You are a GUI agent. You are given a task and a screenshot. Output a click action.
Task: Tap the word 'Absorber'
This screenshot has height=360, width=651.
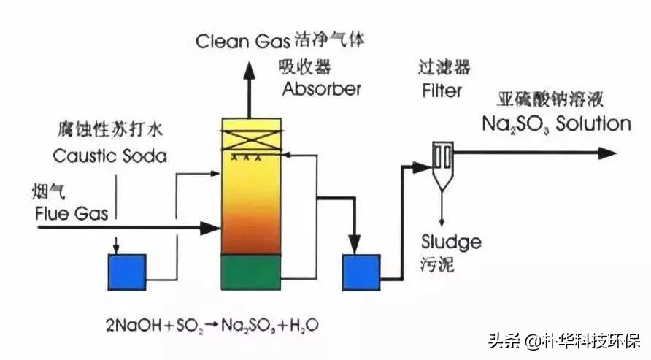coord(321,89)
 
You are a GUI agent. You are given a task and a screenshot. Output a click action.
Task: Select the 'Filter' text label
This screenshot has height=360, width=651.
coord(442,91)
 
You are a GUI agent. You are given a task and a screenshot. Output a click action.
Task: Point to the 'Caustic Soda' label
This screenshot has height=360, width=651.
coord(109,156)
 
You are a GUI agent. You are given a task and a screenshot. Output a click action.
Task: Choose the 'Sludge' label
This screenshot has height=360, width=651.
coord(450,242)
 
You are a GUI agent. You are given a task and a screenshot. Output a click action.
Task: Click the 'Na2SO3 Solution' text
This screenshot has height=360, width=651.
coord(555,123)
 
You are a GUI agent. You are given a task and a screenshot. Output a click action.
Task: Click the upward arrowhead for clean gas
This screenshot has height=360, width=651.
coord(248,69)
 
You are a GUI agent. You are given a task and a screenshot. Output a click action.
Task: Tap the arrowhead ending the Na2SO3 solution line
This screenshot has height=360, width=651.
coord(607,153)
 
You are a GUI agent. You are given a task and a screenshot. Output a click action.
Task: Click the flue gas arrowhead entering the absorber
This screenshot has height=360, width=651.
coord(211,228)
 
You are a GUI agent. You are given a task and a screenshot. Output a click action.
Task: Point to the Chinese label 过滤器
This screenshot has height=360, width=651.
coord(444,68)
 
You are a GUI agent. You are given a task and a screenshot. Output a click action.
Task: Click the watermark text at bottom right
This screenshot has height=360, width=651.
coord(562,340)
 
